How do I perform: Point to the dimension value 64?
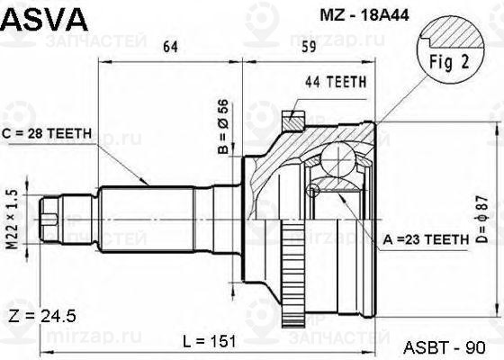point(171,47)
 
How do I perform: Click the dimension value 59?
point(307,47)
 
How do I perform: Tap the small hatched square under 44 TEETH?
point(291,120)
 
